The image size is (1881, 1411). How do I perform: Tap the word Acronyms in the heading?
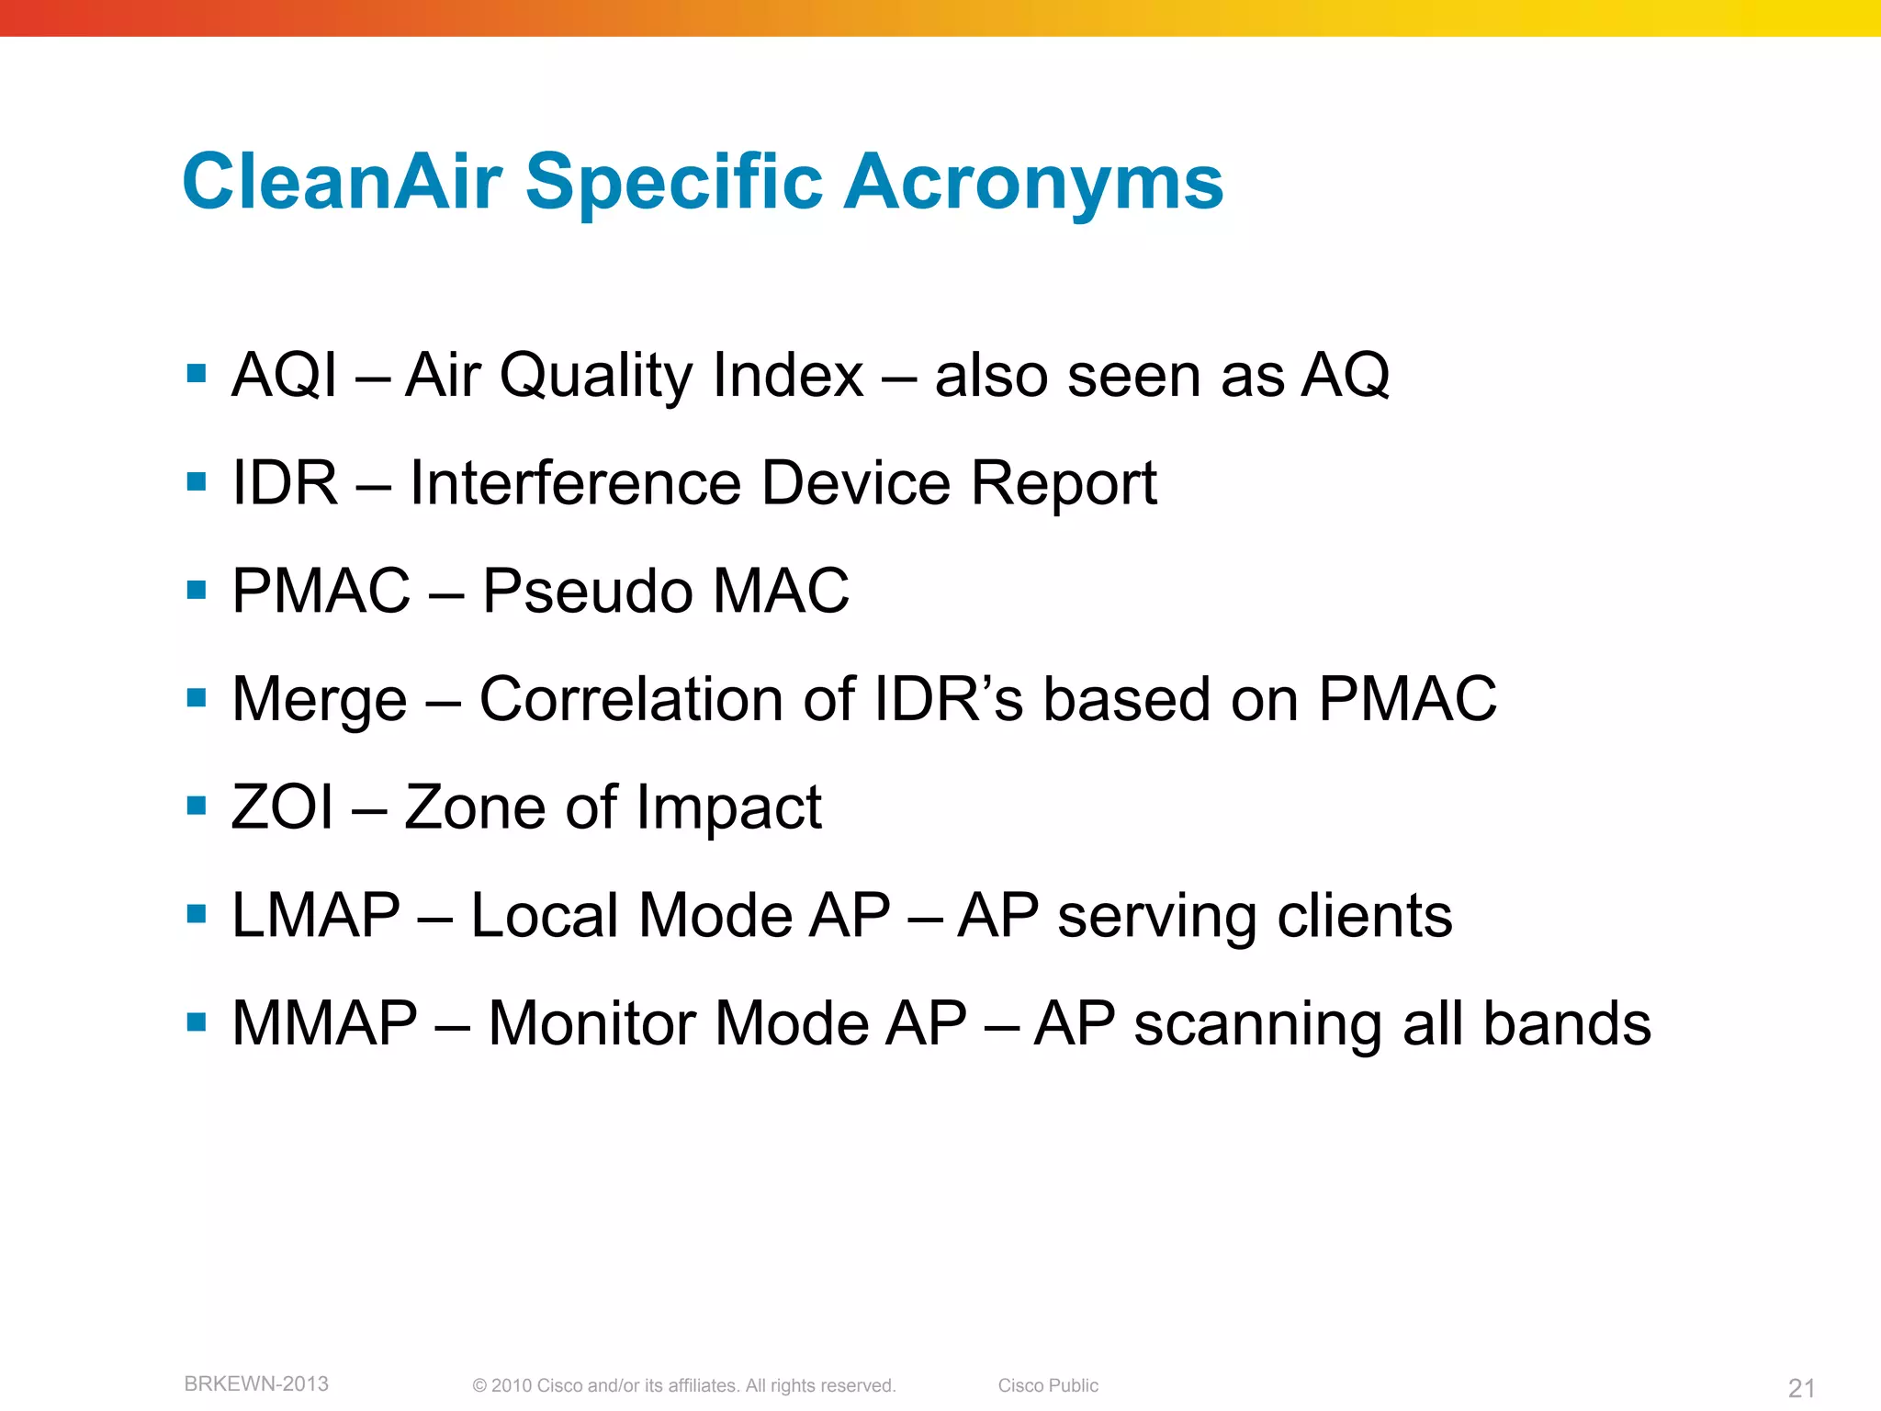click(1033, 182)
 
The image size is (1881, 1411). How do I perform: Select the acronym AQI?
click(285, 376)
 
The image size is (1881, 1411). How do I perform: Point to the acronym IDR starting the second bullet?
click(285, 483)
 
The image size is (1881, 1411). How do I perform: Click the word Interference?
click(575, 483)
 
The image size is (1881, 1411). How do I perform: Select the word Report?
click(1064, 483)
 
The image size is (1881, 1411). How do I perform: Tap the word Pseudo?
click(586, 591)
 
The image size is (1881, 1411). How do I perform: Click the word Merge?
click(319, 700)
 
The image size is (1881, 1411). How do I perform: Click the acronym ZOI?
click(282, 807)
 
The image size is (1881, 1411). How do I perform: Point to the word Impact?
click(728, 807)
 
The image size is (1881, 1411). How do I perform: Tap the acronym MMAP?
click(324, 1023)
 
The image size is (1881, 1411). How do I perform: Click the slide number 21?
click(1801, 1388)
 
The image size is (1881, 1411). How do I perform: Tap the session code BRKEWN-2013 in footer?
click(256, 1384)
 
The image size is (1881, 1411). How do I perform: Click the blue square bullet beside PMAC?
click(196, 589)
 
